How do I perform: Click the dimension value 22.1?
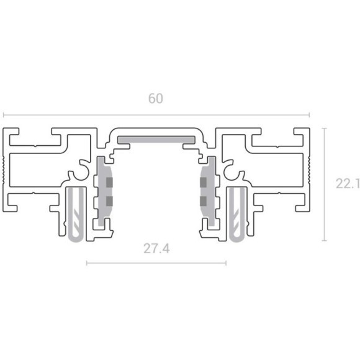tap(348, 184)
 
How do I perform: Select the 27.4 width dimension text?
tap(156, 249)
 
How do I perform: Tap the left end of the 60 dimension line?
tap(3, 115)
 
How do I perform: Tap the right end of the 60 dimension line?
tap(309, 115)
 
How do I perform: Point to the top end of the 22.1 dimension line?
tap(324, 128)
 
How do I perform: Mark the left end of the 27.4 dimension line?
tap(86, 263)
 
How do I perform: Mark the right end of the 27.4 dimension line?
tap(226, 263)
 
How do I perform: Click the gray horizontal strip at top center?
tap(156, 136)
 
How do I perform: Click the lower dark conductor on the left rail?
tap(109, 202)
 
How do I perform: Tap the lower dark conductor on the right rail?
tap(204, 202)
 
